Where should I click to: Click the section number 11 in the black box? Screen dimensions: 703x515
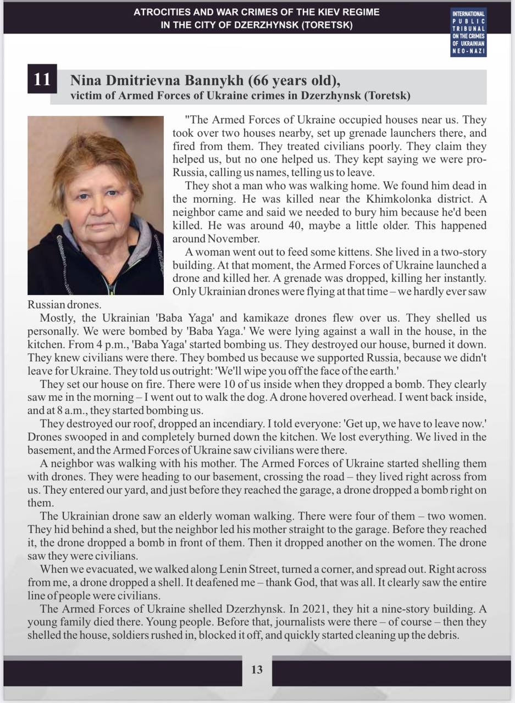point(42,79)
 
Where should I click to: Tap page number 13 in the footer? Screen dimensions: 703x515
point(257,669)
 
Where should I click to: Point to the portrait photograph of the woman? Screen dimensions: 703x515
point(96,205)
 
